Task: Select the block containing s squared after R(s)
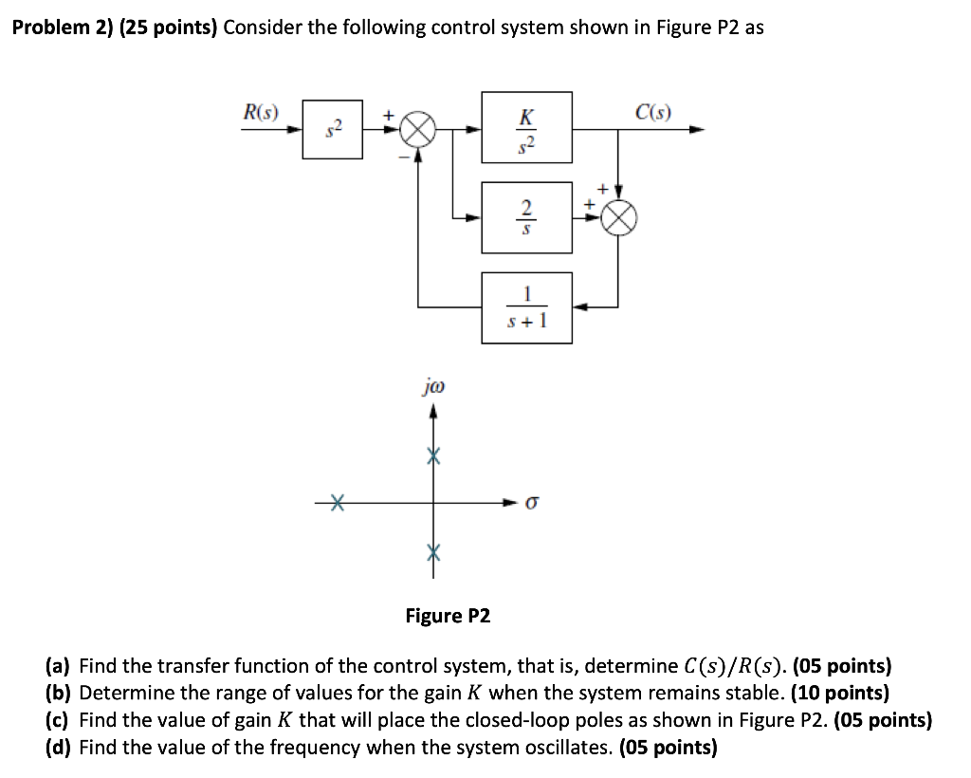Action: click(332, 129)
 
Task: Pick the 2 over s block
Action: click(526, 217)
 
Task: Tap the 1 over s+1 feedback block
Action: click(526, 306)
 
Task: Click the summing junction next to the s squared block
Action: click(417, 130)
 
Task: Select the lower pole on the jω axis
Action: click(433, 550)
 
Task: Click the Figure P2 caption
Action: click(448, 616)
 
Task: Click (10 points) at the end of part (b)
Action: click(840, 694)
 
